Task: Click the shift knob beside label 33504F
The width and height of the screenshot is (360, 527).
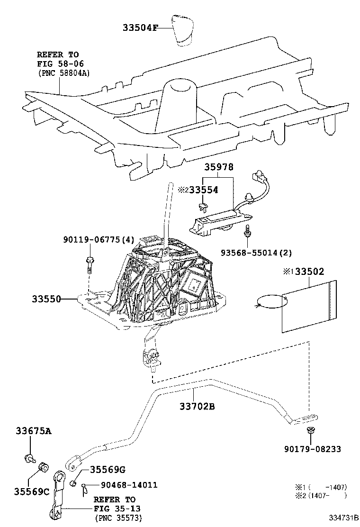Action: coord(183,30)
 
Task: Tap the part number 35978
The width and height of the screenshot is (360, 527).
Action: coord(219,167)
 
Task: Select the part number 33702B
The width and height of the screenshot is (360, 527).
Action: coord(197,407)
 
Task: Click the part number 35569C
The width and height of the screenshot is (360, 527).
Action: coord(32,491)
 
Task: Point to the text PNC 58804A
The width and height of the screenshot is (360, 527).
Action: coord(63,73)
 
